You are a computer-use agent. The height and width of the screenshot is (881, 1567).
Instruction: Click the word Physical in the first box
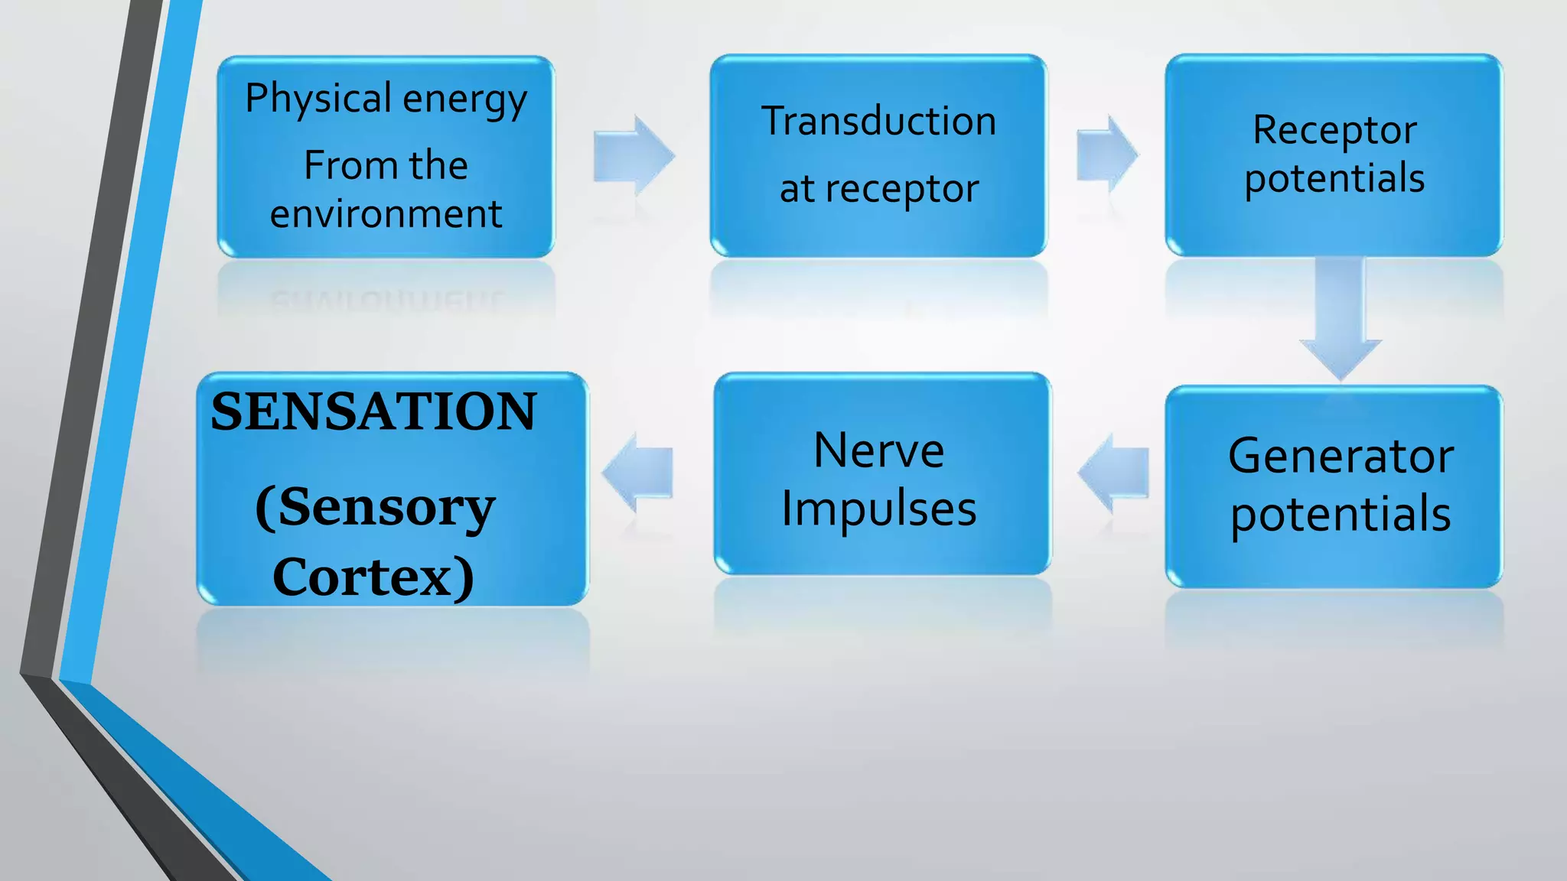tap(318, 99)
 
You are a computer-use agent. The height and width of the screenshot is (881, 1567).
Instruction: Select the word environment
tap(386, 213)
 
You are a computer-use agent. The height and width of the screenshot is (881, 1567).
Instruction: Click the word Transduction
tap(878, 122)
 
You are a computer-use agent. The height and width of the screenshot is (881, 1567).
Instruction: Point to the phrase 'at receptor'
tap(878, 189)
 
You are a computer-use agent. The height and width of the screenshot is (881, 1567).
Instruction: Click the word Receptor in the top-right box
tap(1334, 130)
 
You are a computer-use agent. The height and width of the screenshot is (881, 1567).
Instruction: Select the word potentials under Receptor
tap(1334, 178)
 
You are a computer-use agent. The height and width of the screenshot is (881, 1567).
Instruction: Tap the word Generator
tap(1340, 457)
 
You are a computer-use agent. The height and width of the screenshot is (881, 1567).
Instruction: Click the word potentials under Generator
tap(1340, 513)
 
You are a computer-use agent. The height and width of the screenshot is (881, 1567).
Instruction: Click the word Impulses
tap(878, 509)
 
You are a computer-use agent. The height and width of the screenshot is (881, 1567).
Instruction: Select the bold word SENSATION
tap(373, 412)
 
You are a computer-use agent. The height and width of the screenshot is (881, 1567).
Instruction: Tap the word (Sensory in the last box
tap(375, 507)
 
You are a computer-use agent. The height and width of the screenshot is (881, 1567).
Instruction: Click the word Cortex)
tap(373, 577)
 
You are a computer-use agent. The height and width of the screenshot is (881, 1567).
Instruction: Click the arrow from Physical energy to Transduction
tap(633, 155)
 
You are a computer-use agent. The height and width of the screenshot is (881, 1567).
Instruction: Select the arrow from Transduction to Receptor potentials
tap(1106, 154)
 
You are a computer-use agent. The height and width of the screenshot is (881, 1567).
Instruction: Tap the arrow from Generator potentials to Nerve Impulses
tap(1114, 473)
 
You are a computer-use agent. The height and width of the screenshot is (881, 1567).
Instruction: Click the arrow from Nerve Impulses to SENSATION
tap(637, 473)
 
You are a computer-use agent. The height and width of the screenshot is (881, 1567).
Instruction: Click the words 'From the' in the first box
tap(386, 165)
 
